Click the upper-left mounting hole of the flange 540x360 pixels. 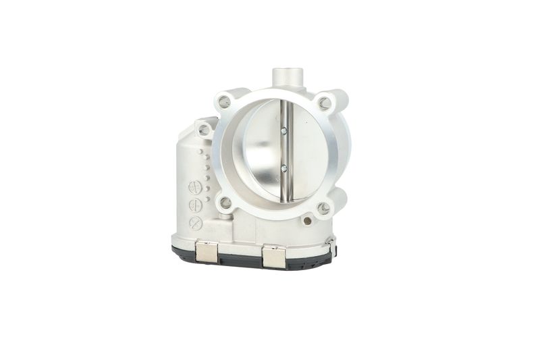(225, 101)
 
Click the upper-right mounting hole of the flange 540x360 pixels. (325, 103)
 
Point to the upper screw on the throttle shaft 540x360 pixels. (283, 130)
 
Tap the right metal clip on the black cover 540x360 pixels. (273, 256)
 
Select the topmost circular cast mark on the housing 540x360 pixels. (195, 188)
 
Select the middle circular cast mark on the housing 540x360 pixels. (195, 205)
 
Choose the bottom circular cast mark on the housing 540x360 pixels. (196, 223)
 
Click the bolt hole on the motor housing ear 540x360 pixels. (204, 129)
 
